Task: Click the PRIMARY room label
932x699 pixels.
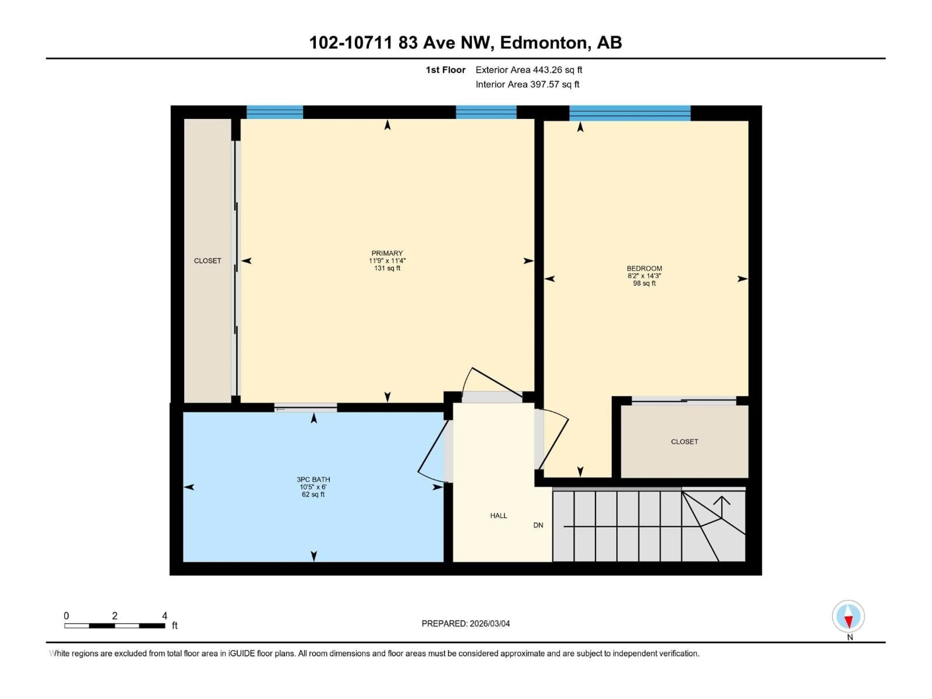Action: click(387, 253)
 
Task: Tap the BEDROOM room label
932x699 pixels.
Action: click(644, 268)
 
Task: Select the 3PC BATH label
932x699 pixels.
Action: click(313, 480)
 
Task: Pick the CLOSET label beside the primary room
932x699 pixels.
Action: click(207, 261)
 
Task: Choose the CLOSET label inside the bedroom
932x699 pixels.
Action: click(684, 441)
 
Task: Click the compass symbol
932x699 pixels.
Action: click(848, 616)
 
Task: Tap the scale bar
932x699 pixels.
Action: click(115, 626)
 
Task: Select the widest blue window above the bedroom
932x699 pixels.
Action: click(630, 113)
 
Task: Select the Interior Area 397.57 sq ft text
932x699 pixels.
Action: click(527, 84)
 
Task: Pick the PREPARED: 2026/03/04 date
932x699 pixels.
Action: click(466, 624)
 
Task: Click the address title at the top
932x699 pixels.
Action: click(465, 42)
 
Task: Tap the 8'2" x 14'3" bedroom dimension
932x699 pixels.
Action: click(644, 276)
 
